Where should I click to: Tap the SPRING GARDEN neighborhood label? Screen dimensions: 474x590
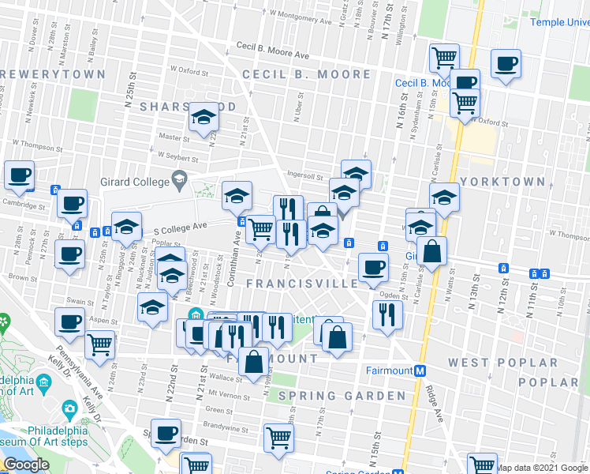(342, 395)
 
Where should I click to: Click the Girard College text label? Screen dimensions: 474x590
(134, 182)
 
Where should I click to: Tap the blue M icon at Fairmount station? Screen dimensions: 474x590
(420, 371)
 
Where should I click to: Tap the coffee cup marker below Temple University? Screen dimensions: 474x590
(506, 63)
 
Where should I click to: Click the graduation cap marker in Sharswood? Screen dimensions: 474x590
(204, 118)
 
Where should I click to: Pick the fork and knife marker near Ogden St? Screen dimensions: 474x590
(387, 314)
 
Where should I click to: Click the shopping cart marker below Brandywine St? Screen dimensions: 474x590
(278, 438)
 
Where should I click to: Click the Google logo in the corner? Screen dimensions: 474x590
(26, 465)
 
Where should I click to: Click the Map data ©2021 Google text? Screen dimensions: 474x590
(542, 468)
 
